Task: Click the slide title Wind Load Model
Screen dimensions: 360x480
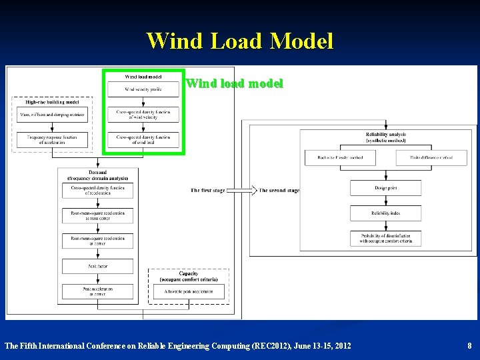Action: pos(239,41)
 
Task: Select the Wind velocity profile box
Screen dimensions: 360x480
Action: pos(143,89)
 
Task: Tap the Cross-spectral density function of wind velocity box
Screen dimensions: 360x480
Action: pos(143,114)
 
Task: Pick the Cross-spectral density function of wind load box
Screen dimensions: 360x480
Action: pos(143,140)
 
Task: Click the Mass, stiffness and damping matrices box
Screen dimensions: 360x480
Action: pos(51,114)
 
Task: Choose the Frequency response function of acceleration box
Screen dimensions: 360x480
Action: pos(51,140)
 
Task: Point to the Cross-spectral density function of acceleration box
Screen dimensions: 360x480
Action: pos(97,191)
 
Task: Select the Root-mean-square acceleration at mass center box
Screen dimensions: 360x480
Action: pos(97,215)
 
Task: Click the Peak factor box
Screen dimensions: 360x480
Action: pos(97,266)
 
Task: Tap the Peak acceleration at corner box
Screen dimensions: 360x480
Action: pos(97,291)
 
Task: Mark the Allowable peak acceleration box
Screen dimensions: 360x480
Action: pos(189,291)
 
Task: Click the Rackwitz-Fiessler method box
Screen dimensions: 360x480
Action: pos(341,157)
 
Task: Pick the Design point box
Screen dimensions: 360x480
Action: pos(385,188)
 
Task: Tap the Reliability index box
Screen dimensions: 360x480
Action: pos(385,213)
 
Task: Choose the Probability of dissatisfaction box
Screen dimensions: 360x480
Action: pos(385,239)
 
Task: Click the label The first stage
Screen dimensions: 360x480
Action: pos(208,191)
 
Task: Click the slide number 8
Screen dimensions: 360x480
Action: pos(469,346)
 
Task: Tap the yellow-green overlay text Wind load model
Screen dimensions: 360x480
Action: pos(235,84)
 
